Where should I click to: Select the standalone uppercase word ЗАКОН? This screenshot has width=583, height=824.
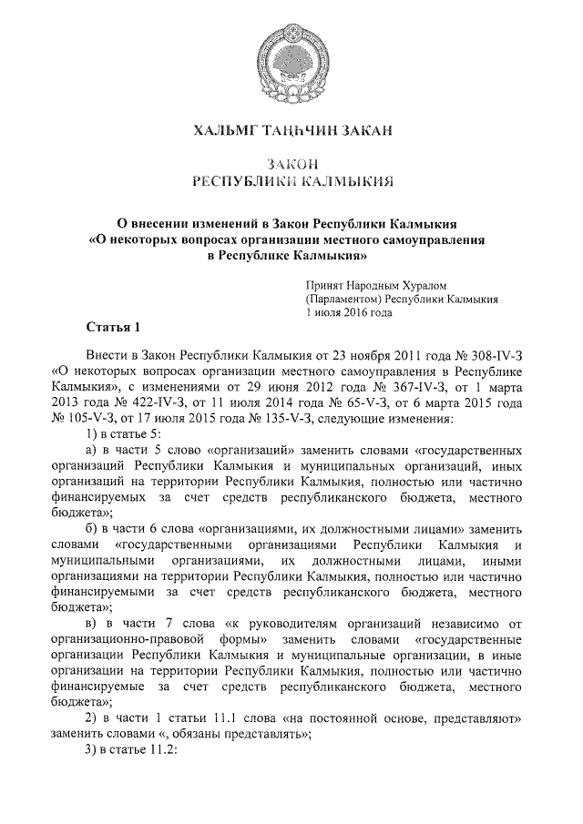click(291, 163)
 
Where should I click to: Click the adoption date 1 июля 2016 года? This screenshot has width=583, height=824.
click(349, 311)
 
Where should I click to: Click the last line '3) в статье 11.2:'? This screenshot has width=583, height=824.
click(129, 750)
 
